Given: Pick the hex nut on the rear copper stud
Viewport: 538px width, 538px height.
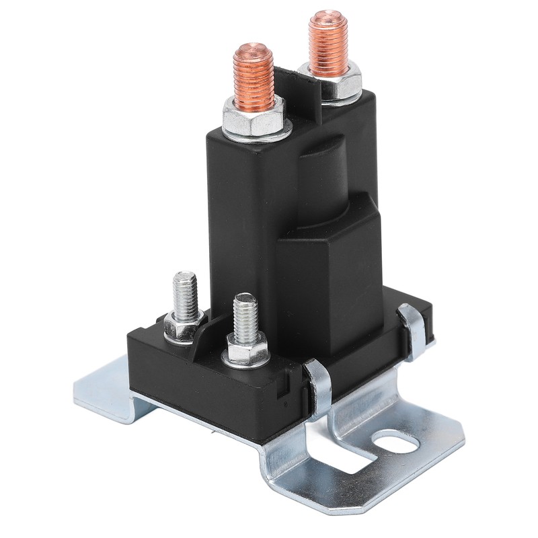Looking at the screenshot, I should tap(331, 76).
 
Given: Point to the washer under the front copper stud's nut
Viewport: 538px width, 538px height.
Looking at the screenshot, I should tap(256, 131).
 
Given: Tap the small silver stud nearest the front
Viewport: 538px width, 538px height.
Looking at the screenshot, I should tap(245, 316).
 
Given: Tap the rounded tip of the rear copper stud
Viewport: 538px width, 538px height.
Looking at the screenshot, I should tap(328, 16).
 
